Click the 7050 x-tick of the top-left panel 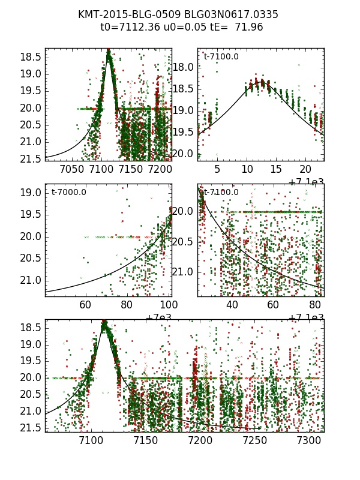coord(71,170)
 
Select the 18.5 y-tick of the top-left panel coord(31,57)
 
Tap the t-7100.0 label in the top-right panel coord(221,56)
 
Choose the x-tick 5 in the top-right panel coord(217,170)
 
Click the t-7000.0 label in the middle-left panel coord(69,192)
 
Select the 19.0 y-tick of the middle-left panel coord(31,193)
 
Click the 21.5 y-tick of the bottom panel coord(31,428)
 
